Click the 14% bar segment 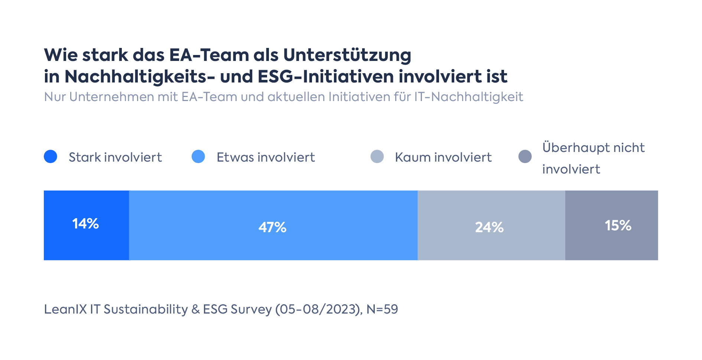click(x=86, y=225)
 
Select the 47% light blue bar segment click(x=273, y=226)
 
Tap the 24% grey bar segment click(x=491, y=226)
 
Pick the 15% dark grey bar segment click(x=611, y=226)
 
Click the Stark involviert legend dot click(x=51, y=156)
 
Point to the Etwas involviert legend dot click(x=198, y=156)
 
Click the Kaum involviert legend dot click(x=377, y=156)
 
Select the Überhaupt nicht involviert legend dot click(x=525, y=156)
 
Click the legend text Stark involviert click(x=115, y=157)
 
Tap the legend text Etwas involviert click(x=266, y=157)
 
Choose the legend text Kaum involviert click(x=443, y=157)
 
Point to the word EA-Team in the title click(x=209, y=55)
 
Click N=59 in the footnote click(x=382, y=309)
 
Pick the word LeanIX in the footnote click(x=65, y=309)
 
